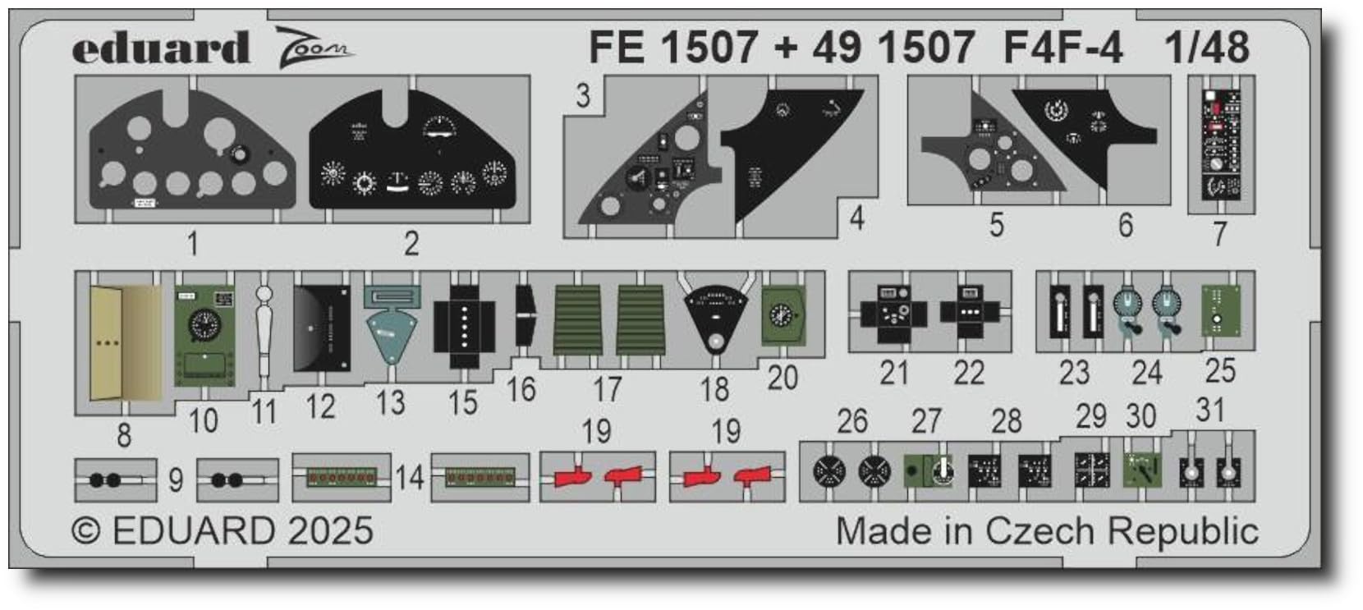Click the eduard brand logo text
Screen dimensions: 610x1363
(x=161, y=48)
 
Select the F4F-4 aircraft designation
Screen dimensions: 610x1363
(x=1062, y=48)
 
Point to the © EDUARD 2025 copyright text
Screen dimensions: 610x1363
(x=223, y=530)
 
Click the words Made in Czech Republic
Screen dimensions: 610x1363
(x=1047, y=531)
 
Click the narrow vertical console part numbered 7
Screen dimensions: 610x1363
(x=1221, y=143)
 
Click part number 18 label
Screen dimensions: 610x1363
(x=714, y=388)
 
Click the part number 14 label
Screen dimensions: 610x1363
(x=410, y=477)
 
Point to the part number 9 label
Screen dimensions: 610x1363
(x=176, y=479)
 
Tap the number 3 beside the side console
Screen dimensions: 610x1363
(x=582, y=96)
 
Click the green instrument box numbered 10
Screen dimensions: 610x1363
(x=203, y=334)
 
